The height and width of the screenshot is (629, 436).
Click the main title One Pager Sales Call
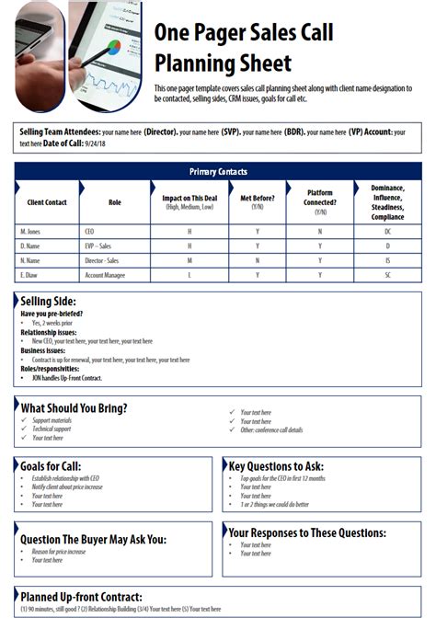pos(243,34)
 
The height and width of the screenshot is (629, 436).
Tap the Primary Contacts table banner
pos(218,172)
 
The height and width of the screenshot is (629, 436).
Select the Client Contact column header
pos(47,201)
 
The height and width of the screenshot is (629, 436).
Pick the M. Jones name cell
pos(30,232)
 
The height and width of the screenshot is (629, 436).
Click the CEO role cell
pos(89,232)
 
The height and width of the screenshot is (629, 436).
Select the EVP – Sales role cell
pos(99,246)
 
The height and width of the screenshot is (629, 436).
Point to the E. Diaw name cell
pos(29,275)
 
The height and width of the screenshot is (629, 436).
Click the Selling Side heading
pos(48,302)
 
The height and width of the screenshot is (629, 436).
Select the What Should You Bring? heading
pos(74,407)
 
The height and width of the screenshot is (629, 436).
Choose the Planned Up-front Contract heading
pos(81,596)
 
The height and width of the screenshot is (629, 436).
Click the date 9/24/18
pos(94,144)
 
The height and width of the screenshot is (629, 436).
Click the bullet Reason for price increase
pos(59,551)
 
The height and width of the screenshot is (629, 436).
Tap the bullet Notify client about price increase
pos(67,486)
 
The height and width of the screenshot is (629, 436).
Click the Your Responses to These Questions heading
pos(306,532)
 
